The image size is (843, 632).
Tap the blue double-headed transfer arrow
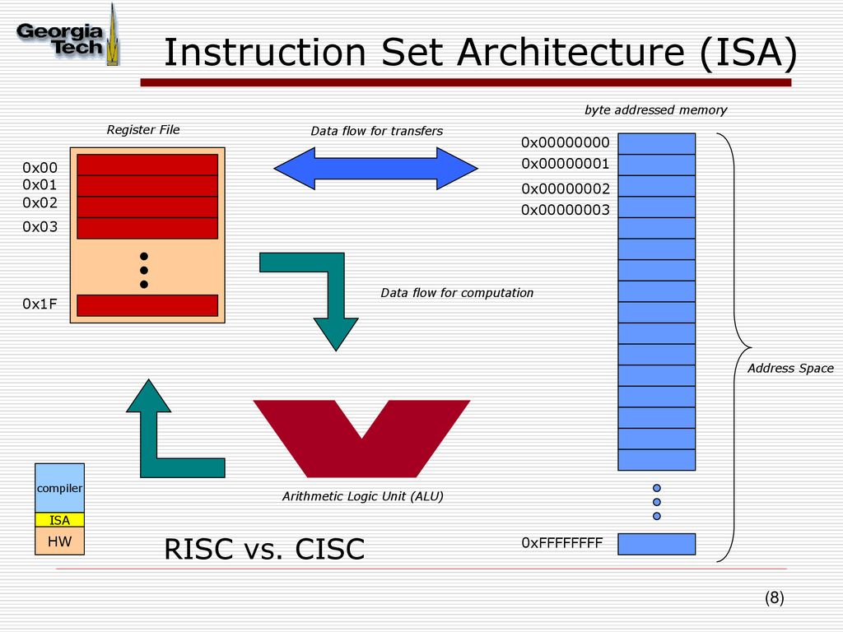375,168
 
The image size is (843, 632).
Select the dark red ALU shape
362,439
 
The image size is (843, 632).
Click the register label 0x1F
40,304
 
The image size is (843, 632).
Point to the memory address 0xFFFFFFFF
561,543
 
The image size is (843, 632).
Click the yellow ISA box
59,520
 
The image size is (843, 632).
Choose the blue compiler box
59,488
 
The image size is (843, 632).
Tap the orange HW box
59,541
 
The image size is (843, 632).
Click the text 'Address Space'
790,368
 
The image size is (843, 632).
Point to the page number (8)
774,597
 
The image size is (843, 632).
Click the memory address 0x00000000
565,142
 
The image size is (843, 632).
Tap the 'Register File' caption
143,129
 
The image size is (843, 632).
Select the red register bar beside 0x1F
147,305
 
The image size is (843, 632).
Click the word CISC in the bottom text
330,549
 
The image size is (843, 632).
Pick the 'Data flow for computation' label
457,293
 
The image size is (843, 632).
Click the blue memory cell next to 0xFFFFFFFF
656,544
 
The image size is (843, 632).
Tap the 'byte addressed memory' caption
655,110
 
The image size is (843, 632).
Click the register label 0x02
40,202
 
